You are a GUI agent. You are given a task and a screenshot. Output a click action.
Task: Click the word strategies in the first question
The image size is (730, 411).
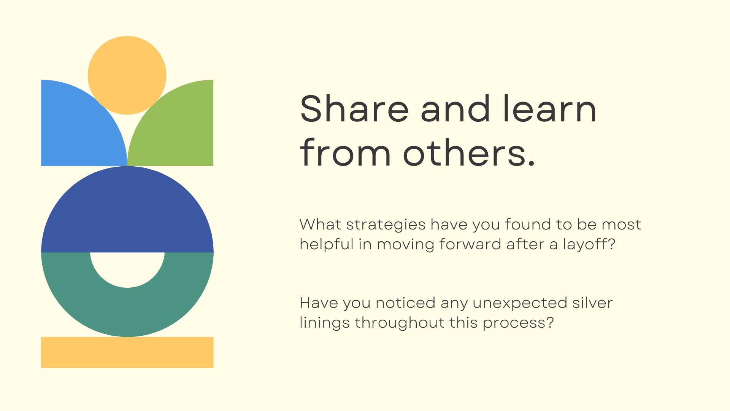[x=386, y=225]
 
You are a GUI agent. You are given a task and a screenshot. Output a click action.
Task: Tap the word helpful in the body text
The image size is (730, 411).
[x=327, y=244]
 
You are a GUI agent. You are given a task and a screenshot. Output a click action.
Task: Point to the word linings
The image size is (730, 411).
[x=325, y=323]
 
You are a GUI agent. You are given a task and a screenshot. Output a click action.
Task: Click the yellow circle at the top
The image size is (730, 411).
[x=127, y=75]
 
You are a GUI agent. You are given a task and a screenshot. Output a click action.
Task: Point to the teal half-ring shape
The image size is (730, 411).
[x=127, y=312]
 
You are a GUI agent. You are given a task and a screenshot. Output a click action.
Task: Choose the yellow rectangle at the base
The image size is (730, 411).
[x=127, y=352]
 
